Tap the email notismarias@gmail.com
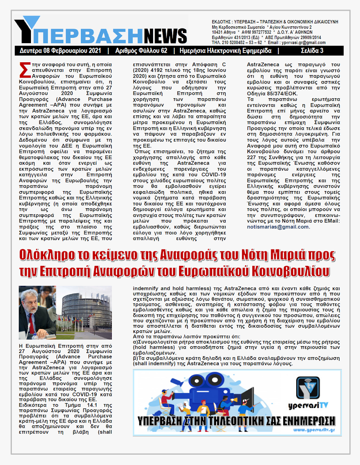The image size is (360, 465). (x=278, y=227)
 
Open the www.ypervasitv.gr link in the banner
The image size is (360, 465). (x=314, y=430)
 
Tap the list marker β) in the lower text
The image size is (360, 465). (x=136, y=359)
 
